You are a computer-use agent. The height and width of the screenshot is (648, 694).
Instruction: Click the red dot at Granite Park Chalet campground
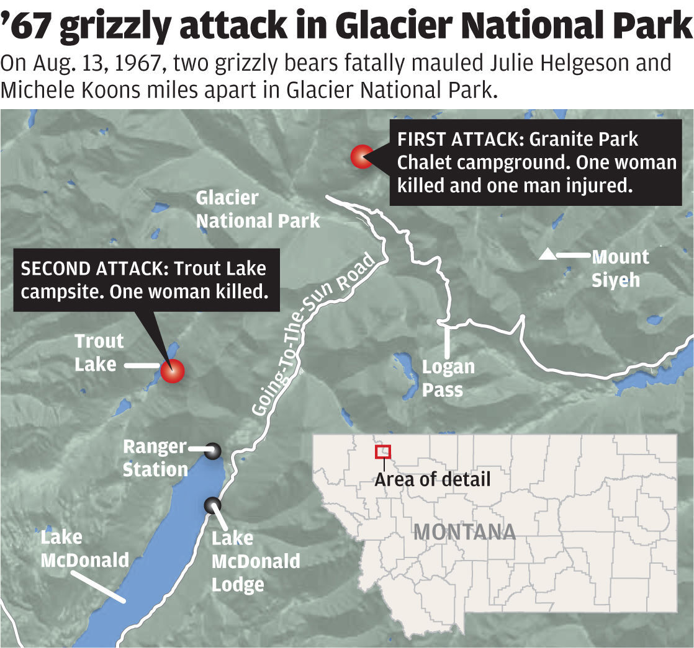coord(361,157)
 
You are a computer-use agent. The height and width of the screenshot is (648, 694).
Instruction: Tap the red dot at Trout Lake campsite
coord(172,370)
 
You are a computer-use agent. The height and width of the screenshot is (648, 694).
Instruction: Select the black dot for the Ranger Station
coord(213,451)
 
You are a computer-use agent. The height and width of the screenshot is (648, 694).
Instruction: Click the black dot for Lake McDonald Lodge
coord(213,505)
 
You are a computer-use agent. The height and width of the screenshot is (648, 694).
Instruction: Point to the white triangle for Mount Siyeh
coord(547,254)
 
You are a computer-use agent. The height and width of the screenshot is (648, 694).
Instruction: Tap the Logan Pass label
coord(448,378)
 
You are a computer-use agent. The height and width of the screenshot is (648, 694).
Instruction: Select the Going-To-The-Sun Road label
coord(314,335)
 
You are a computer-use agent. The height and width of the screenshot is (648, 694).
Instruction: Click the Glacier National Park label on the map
coord(258,209)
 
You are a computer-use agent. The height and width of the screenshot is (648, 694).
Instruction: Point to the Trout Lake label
coord(99,352)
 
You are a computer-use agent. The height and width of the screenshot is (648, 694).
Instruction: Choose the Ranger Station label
coord(155,458)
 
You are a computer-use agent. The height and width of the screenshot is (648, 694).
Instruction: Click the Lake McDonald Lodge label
coord(255,561)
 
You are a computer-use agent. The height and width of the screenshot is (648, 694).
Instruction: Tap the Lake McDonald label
coord(84,549)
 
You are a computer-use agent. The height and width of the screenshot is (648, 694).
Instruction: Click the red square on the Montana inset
coord(383,452)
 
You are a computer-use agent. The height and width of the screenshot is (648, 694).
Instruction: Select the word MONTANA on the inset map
coord(464,531)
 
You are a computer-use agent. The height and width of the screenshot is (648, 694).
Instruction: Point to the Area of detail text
coord(432,479)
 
